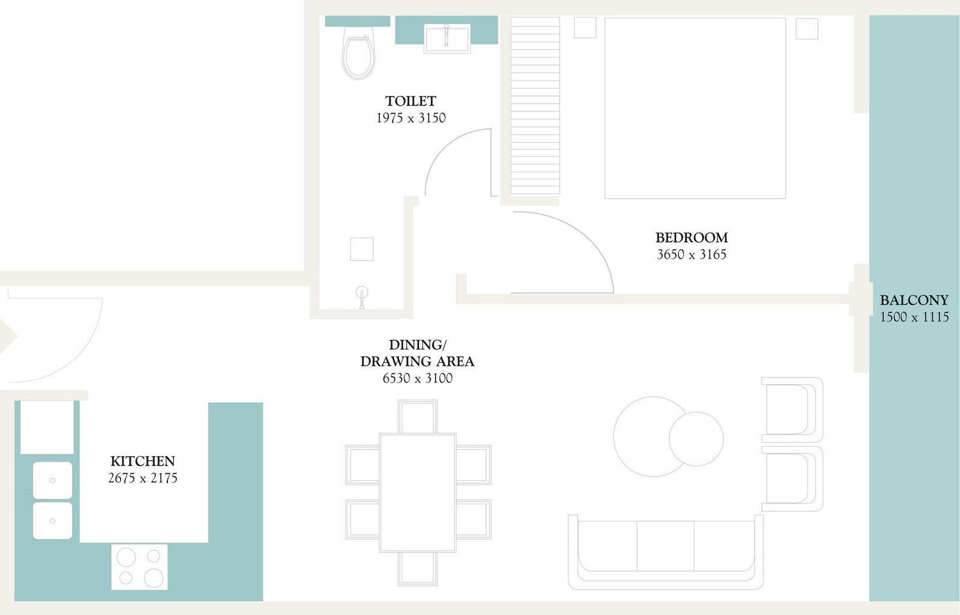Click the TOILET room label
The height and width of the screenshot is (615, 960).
(410, 101)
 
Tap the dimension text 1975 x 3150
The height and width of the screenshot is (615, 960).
(410, 117)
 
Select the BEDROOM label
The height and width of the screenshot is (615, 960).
(691, 238)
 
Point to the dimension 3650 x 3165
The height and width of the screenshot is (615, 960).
(691, 254)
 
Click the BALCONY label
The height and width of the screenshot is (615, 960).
(914, 300)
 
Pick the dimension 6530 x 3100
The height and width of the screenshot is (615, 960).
(418, 378)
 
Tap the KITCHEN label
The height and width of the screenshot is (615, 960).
(143, 462)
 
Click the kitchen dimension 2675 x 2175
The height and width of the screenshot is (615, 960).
(143, 478)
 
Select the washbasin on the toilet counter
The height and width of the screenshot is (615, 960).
(447, 38)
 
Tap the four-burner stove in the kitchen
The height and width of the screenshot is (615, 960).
(140, 567)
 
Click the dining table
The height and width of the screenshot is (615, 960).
(418, 493)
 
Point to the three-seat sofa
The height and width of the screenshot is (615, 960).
(665, 553)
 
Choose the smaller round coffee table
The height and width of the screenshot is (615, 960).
(696, 439)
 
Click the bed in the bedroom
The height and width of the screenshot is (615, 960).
(695, 108)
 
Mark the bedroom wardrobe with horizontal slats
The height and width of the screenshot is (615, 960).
(535, 105)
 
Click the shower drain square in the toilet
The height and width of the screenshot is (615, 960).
(362, 249)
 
